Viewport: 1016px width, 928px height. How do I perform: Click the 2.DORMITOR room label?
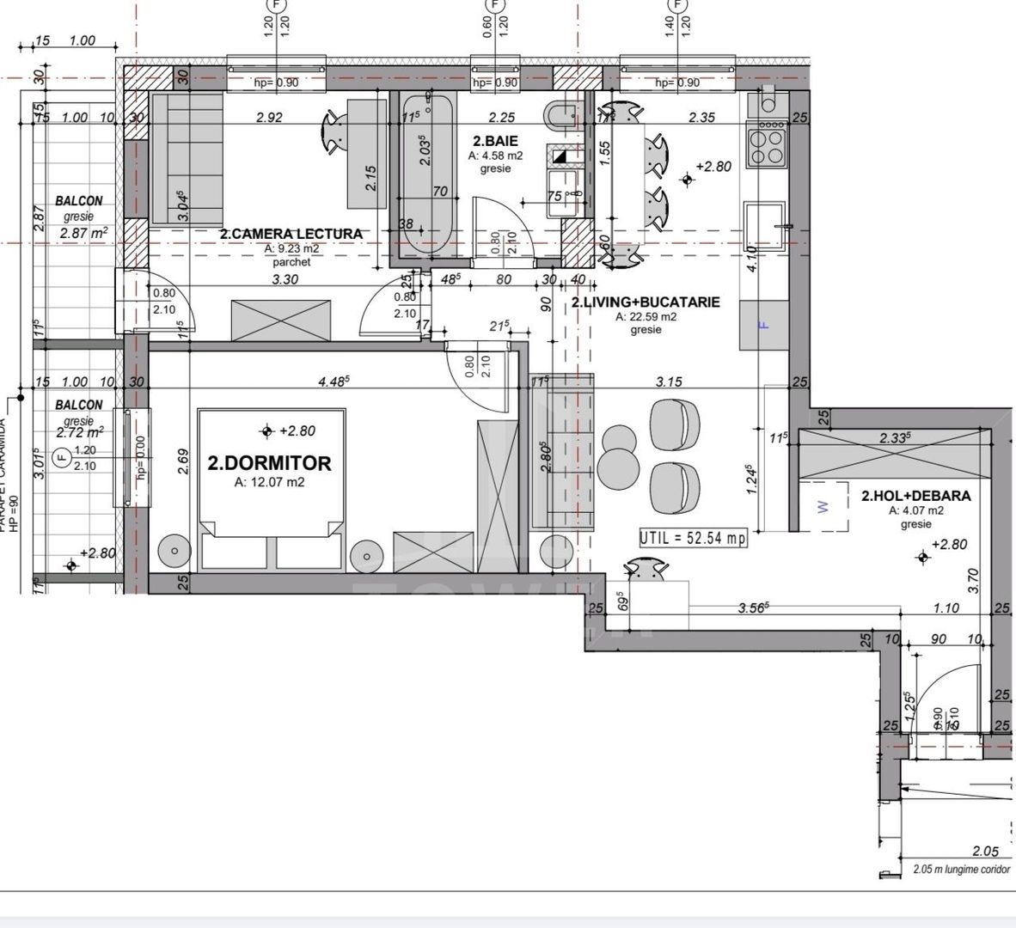(x=269, y=463)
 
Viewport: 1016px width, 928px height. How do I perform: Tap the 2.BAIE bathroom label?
(x=495, y=141)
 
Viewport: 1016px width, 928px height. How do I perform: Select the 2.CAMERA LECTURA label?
(x=291, y=234)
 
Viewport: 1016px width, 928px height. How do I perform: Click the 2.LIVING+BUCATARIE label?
(x=646, y=302)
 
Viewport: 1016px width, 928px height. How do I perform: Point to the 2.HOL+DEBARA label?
(x=915, y=496)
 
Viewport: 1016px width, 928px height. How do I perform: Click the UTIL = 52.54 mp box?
(x=693, y=538)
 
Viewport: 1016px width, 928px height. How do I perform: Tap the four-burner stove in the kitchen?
(x=768, y=143)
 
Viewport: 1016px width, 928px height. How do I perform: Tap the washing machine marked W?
(x=823, y=507)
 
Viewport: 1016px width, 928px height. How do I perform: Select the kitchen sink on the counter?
(x=764, y=227)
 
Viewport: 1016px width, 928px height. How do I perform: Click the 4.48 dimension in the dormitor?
(x=333, y=382)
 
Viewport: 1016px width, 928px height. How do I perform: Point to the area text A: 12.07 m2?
(x=269, y=483)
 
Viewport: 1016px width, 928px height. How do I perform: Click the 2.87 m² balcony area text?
(x=83, y=233)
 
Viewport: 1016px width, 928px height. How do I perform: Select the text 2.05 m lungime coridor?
(x=961, y=870)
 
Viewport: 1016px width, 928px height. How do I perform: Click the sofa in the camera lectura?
(x=187, y=159)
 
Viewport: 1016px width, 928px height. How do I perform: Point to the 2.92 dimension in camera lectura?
(x=269, y=118)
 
